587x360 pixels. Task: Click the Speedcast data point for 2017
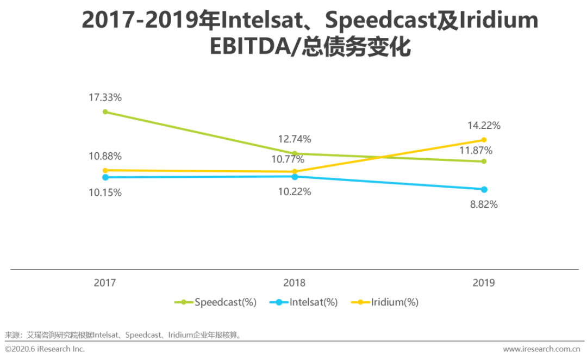[105, 112]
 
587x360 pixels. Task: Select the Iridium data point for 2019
[484, 140]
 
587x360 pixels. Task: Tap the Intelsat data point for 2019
[484, 189]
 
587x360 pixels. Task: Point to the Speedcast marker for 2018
[295, 153]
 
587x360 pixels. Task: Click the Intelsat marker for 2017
[105, 177]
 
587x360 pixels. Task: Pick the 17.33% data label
[105, 98]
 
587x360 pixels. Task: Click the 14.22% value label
[484, 125]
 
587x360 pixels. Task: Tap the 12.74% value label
[294, 139]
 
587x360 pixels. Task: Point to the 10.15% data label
[105, 193]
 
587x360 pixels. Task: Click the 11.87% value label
[476, 151]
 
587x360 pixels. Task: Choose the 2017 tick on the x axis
[105, 283]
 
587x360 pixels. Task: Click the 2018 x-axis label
[294, 283]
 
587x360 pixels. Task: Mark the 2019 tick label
[484, 283]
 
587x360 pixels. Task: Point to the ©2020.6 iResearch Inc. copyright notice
[45, 349]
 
